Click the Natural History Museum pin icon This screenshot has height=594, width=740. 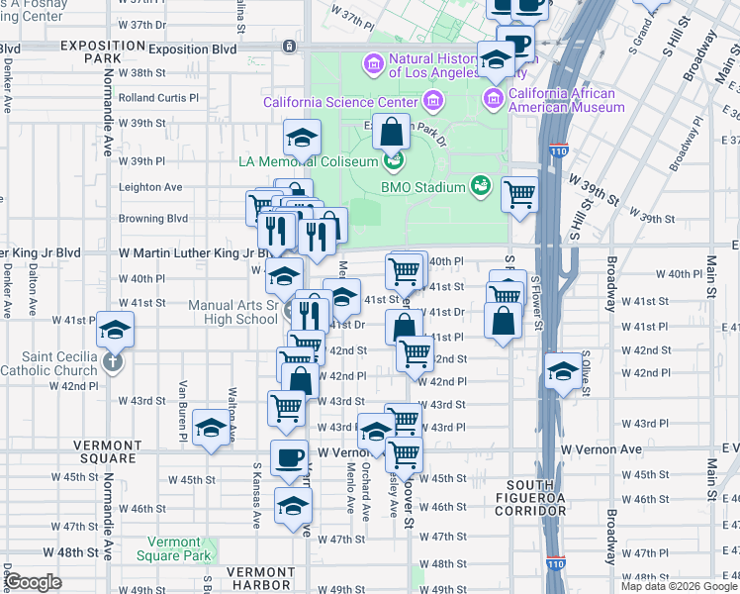point(374,64)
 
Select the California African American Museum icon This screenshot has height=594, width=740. point(493,96)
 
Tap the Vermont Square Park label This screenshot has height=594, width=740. point(180,548)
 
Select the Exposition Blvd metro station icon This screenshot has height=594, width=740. point(288,47)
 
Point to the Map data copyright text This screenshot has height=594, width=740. point(678,586)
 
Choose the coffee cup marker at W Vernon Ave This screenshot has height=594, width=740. point(289,457)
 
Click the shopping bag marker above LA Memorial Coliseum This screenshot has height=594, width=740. point(392,131)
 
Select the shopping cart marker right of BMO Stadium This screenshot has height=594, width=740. point(519,194)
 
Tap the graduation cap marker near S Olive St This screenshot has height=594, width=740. point(563,371)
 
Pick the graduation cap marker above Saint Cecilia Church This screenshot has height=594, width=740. point(115,330)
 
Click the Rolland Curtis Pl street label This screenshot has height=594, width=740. point(158,98)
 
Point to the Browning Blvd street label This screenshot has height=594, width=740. point(152,219)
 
